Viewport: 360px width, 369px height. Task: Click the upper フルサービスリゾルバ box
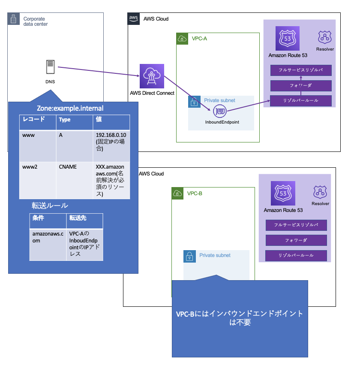[301, 70]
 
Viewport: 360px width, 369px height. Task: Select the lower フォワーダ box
[296, 240]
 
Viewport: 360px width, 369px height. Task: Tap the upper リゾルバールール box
[301, 100]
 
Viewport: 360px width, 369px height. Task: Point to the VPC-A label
[199, 39]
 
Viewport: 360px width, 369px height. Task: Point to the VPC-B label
[195, 194]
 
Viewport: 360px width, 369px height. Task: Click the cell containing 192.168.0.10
[111, 142]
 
